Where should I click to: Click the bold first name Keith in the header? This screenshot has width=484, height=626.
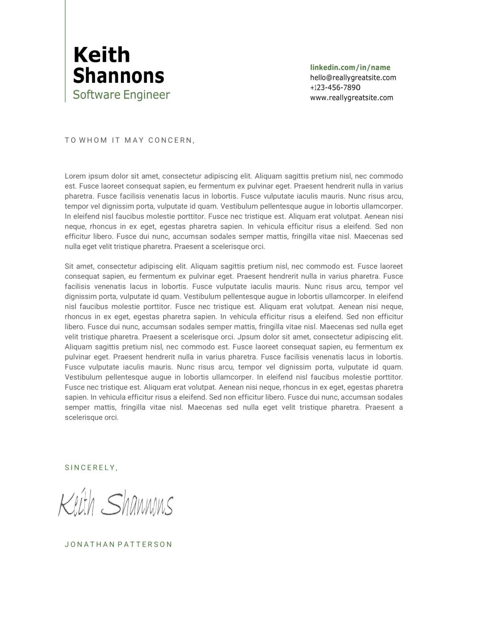click(x=101, y=55)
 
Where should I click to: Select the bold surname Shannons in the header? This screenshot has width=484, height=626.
click(x=118, y=76)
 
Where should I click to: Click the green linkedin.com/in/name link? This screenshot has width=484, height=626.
click(x=350, y=68)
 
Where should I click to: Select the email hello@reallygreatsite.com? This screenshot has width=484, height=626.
click(x=353, y=77)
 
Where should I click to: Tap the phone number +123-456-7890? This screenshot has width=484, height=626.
click(x=335, y=88)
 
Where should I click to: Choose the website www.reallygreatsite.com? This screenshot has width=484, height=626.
click(x=351, y=98)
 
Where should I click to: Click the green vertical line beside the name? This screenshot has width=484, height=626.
click(x=65, y=51)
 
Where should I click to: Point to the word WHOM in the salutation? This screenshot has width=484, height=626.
click(x=93, y=140)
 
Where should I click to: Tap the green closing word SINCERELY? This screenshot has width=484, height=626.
click(x=90, y=467)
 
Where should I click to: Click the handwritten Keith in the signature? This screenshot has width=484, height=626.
click(x=76, y=505)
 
